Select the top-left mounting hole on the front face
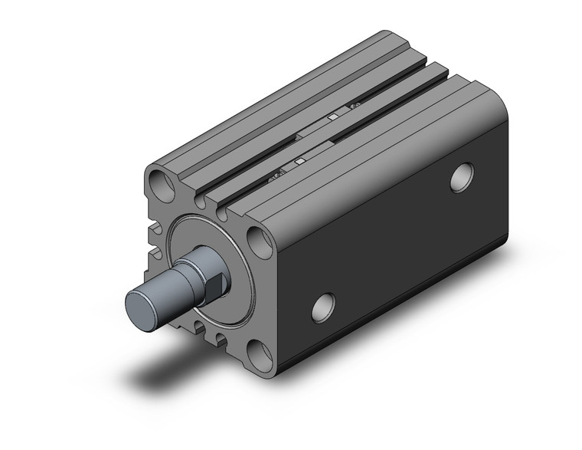click(x=163, y=183)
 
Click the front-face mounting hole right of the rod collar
click(x=260, y=241)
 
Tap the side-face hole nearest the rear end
click(x=461, y=177)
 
